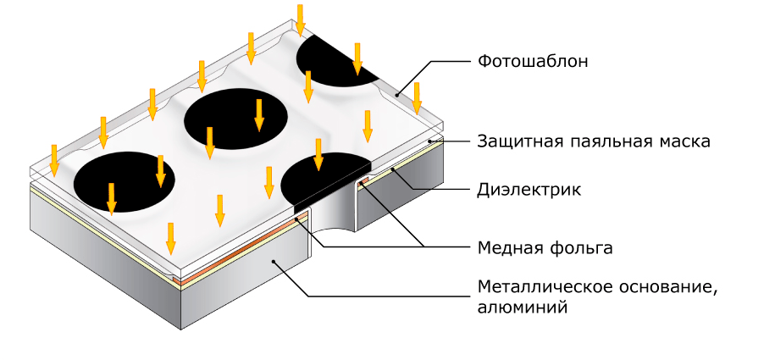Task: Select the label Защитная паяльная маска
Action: click(x=593, y=141)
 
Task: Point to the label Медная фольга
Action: click(x=544, y=248)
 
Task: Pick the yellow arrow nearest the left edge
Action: click(x=54, y=160)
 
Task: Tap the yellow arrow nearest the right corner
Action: click(x=417, y=98)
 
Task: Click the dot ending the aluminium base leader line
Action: click(x=273, y=263)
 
